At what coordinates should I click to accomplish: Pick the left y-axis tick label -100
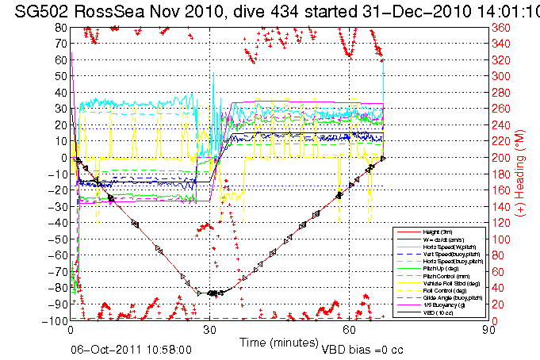click(x=56, y=320)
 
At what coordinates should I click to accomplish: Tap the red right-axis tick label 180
click(x=501, y=174)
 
